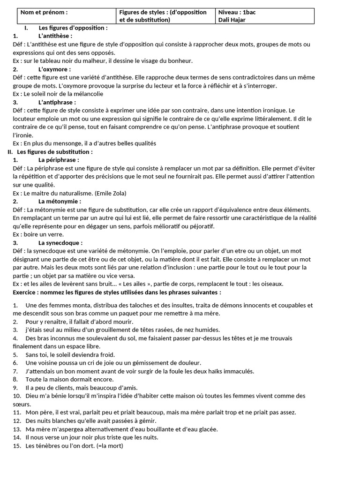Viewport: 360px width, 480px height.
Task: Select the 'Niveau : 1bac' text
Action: [237, 12]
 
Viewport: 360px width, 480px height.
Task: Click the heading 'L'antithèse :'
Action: [55, 36]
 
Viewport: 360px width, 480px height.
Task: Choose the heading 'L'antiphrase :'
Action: [57, 102]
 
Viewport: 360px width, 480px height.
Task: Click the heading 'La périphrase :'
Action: [59, 160]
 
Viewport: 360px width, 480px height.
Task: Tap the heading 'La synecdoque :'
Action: [60, 243]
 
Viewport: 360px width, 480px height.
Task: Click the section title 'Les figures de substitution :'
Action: [55, 152]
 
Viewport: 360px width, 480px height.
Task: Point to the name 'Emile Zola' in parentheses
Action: [111, 193]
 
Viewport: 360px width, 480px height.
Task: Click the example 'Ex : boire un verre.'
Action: [38, 234]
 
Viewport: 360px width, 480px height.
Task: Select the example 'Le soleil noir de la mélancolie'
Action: [63, 94]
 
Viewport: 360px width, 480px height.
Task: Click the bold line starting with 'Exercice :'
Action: [117, 292]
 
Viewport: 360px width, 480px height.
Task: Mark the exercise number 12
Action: [17, 421]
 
